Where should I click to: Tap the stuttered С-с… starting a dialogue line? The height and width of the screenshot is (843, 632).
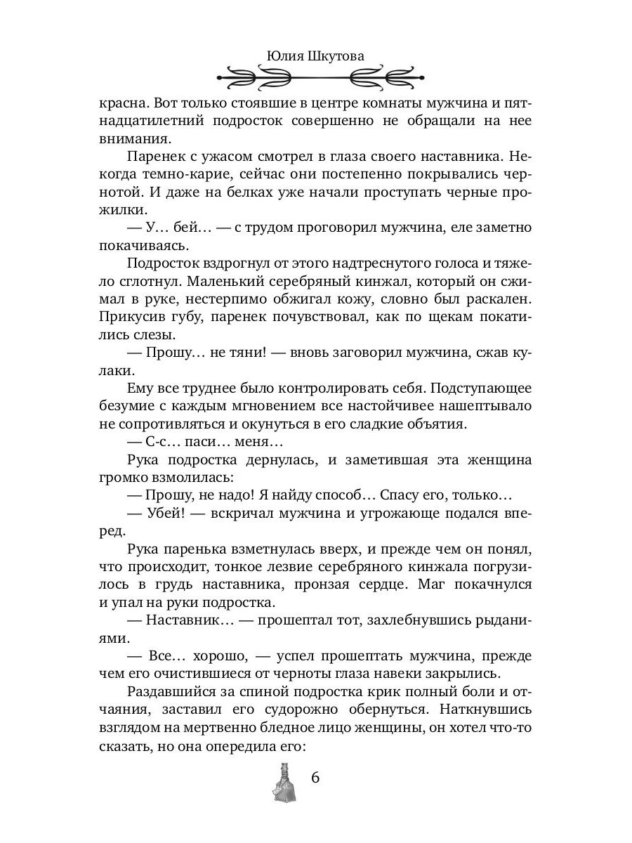[x=162, y=442]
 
